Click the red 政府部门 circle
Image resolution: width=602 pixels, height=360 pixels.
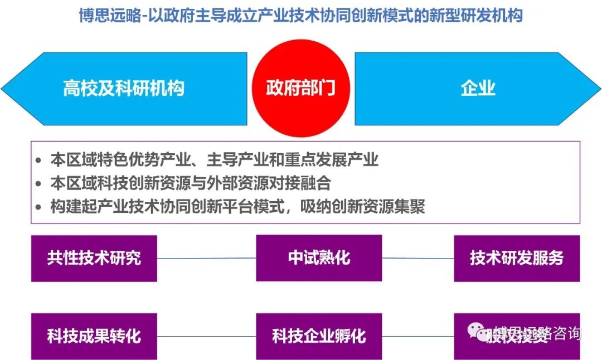(x=300, y=88)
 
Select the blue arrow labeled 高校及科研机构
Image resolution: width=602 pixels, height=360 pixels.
(x=124, y=89)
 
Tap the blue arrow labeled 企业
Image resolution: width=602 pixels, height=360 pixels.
(x=478, y=89)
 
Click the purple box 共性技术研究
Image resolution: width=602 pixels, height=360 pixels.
(x=94, y=258)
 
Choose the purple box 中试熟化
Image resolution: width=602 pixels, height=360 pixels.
(x=319, y=258)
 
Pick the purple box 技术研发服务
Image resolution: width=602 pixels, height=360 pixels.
(x=517, y=258)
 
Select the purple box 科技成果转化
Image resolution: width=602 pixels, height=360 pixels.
(x=94, y=336)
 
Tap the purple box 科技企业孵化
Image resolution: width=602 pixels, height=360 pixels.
(x=319, y=336)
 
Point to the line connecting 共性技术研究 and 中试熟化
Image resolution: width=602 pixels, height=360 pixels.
(x=206, y=258)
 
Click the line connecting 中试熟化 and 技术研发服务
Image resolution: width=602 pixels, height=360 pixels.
(x=418, y=258)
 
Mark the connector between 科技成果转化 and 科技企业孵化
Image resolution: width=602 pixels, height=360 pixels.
(x=206, y=337)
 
